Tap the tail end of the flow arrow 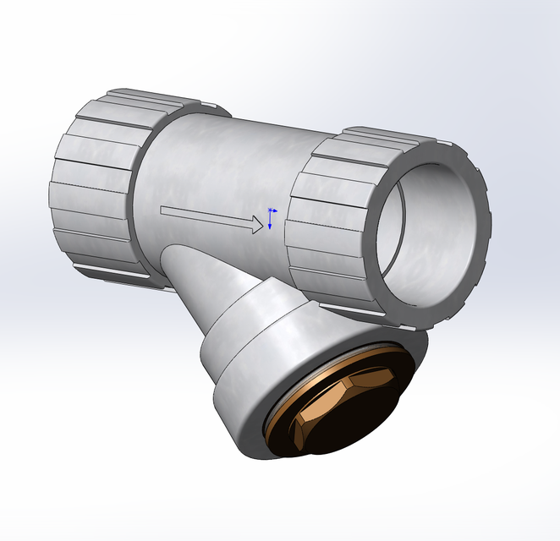tap(162, 210)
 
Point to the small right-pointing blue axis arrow tap(274, 210)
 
